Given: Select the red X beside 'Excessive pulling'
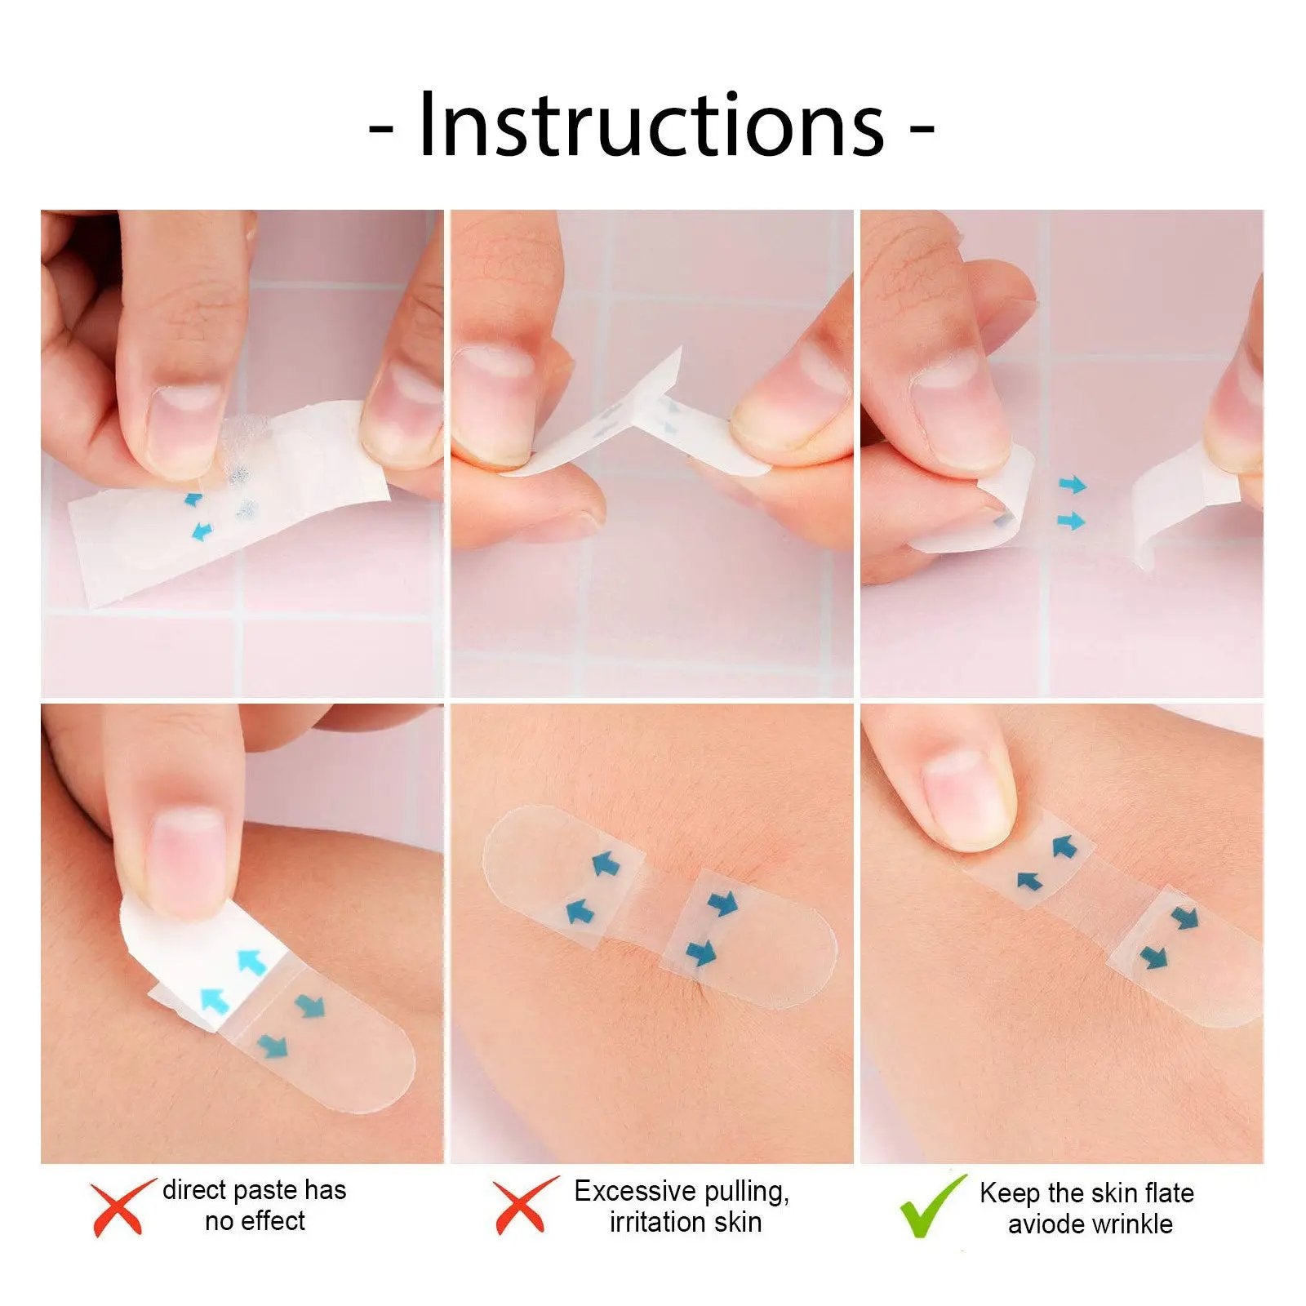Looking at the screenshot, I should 523,1206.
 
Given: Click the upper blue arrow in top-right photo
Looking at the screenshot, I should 1073,486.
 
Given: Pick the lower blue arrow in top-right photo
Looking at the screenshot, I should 1071,520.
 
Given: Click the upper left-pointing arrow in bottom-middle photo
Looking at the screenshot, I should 605,863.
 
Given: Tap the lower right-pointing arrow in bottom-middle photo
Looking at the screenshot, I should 701,952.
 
